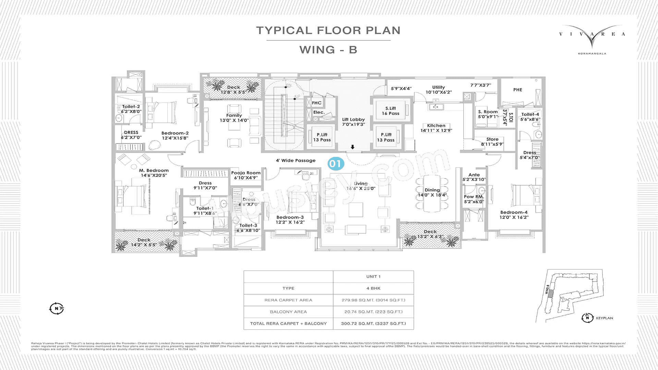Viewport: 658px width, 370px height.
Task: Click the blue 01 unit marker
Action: tap(336, 163)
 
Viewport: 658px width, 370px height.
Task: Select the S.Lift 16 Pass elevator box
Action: tap(390, 111)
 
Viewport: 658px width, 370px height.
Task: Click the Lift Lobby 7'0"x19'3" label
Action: tap(353, 122)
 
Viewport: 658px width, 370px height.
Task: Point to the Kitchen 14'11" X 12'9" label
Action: tap(436, 128)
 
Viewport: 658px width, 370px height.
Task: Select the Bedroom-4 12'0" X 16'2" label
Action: tap(514, 214)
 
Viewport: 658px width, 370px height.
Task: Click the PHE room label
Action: tap(517, 90)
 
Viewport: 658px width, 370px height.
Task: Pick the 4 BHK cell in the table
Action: tap(373, 288)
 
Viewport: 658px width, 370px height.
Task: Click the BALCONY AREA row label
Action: tap(288, 312)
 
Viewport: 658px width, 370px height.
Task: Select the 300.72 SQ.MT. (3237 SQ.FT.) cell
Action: tap(373, 323)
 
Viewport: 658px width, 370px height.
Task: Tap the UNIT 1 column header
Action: tap(373, 276)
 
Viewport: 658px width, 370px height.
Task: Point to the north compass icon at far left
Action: tap(57, 308)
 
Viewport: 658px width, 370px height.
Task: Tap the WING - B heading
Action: tap(328, 50)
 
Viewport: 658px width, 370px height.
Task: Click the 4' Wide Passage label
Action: tap(295, 160)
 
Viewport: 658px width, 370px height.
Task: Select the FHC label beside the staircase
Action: tap(317, 103)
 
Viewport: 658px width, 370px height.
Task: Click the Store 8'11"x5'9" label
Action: tap(492, 141)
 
